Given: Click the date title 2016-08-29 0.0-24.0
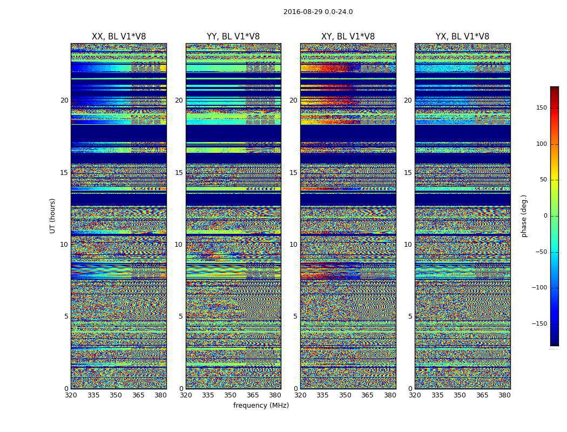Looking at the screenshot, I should pos(318,12).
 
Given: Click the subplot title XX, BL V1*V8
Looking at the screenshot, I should pos(119,37).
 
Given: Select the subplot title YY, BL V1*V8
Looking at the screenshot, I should pos(233,37).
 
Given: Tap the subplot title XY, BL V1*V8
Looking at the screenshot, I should pos(348,37).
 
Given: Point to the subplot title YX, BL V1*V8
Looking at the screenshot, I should pos(462,37).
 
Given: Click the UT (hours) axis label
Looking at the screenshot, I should pos(53,215).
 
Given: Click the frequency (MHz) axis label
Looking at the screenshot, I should pos(261,406).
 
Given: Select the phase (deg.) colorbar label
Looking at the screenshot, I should pos(524,216).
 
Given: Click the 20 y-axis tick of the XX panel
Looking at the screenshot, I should pos(64,100).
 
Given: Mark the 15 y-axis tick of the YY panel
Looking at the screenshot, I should pos(179,173).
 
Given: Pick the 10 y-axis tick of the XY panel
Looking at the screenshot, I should pos(293,245).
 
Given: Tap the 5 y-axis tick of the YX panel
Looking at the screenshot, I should pos(410,316).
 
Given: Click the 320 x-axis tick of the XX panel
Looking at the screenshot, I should pos(71,395).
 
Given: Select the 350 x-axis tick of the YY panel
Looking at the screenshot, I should pos(230,395).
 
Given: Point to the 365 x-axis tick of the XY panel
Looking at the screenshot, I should pos(367,395).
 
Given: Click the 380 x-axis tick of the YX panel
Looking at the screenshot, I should pos(504,395).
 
